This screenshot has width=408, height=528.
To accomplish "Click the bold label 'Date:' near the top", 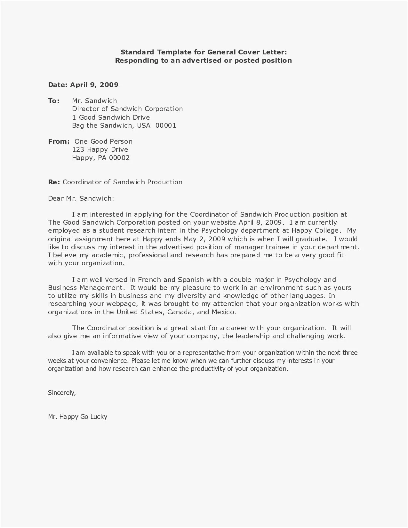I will (58, 85).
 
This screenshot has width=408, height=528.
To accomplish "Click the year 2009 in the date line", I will (109, 85).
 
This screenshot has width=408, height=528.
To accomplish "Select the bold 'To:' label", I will (54, 101).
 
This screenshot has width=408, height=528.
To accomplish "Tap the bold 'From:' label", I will (59, 141).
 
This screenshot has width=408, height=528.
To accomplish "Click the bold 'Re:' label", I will (54, 182).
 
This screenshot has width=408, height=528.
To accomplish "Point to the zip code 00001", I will (166, 125).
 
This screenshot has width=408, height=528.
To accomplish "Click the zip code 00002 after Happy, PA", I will (119, 158).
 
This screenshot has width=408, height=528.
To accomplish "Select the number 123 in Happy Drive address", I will (78, 149).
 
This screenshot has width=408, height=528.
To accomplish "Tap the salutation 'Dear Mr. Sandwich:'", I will (81, 198).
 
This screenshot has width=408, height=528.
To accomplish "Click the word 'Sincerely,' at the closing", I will (62, 393).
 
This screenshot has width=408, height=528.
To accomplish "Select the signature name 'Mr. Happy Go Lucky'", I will (77, 417).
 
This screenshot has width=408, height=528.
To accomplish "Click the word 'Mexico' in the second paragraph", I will (223, 312).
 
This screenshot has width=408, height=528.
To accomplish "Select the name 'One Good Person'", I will (103, 141).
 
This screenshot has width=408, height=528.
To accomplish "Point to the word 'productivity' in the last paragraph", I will (208, 369).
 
